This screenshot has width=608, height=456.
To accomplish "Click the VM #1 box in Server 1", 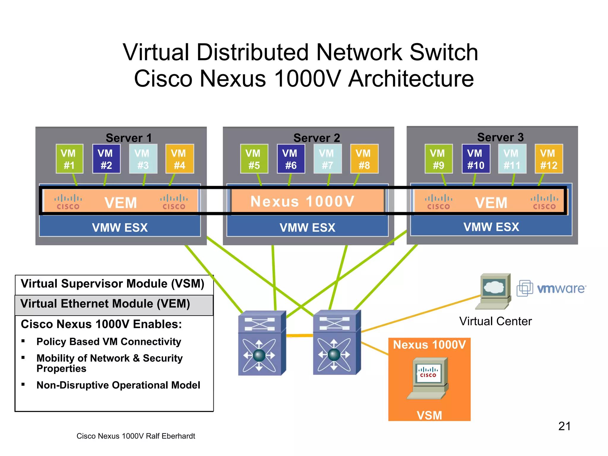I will pyautogui.click(x=69, y=159).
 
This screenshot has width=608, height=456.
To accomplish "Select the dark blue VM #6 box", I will pyautogui.click(x=291, y=159).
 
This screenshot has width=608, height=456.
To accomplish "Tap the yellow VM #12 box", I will pyautogui.click(x=549, y=159).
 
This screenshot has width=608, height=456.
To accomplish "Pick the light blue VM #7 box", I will pyautogui.click(x=327, y=159).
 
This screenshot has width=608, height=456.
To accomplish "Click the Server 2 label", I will pyautogui.click(x=316, y=138).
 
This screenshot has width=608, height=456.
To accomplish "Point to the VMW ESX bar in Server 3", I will pyautogui.click(x=491, y=227).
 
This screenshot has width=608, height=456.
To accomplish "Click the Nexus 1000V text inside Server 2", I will pyautogui.click(x=302, y=201).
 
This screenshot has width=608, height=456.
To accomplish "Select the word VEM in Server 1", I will pyautogui.click(x=121, y=203).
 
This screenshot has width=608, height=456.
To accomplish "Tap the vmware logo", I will pyautogui.click(x=552, y=288).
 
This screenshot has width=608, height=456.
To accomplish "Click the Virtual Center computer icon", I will pyautogui.click(x=494, y=291).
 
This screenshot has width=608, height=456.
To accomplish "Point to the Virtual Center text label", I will pyautogui.click(x=495, y=321).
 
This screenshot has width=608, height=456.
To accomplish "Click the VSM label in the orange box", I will pyautogui.click(x=429, y=415).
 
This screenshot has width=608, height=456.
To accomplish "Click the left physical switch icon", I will pyautogui.click(x=261, y=343).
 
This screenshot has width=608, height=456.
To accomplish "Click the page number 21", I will pyautogui.click(x=564, y=426).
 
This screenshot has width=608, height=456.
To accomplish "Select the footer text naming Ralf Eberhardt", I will pyautogui.click(x=136, y=436).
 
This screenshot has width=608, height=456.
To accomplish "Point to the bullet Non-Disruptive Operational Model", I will pyautogui.click(x=118, y=385).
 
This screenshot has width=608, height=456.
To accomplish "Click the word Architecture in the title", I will pyautogui.click(x=411, y=79).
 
